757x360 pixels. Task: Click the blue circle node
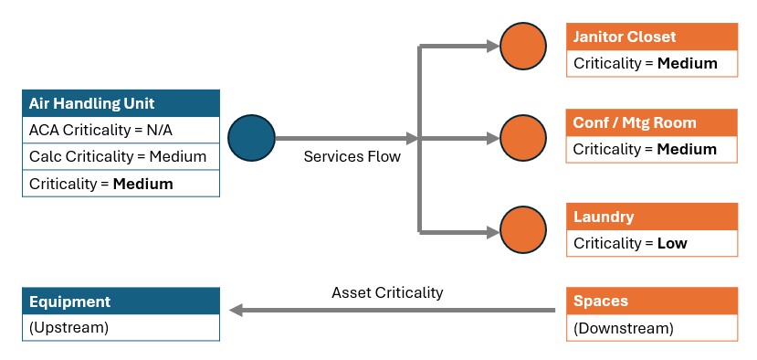click(251, 138)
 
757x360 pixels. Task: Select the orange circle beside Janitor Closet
click(523, 46)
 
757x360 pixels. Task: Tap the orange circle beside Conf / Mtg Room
click(523, 138)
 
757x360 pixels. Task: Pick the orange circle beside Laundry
click(523, 229)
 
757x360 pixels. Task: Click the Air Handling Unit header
click(121, 103)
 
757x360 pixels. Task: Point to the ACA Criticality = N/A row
click(121, 130)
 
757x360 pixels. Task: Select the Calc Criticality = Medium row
click(121, 156)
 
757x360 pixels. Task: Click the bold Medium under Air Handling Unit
click(142, 184)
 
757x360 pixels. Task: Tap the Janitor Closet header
click(652, 37)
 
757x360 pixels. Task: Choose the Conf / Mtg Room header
click(652, 122)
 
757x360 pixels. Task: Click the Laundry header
click(652, 217)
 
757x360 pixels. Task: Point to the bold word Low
click(672, 243)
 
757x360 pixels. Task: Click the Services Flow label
click(352, 156)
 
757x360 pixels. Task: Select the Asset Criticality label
click(387, 292)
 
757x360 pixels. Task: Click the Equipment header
click(121, 301)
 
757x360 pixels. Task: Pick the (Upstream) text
click(69, 328)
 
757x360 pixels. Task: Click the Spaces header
click(652, 301)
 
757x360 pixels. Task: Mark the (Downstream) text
click(624, 328)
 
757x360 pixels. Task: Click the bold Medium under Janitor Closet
click(688, 63)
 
